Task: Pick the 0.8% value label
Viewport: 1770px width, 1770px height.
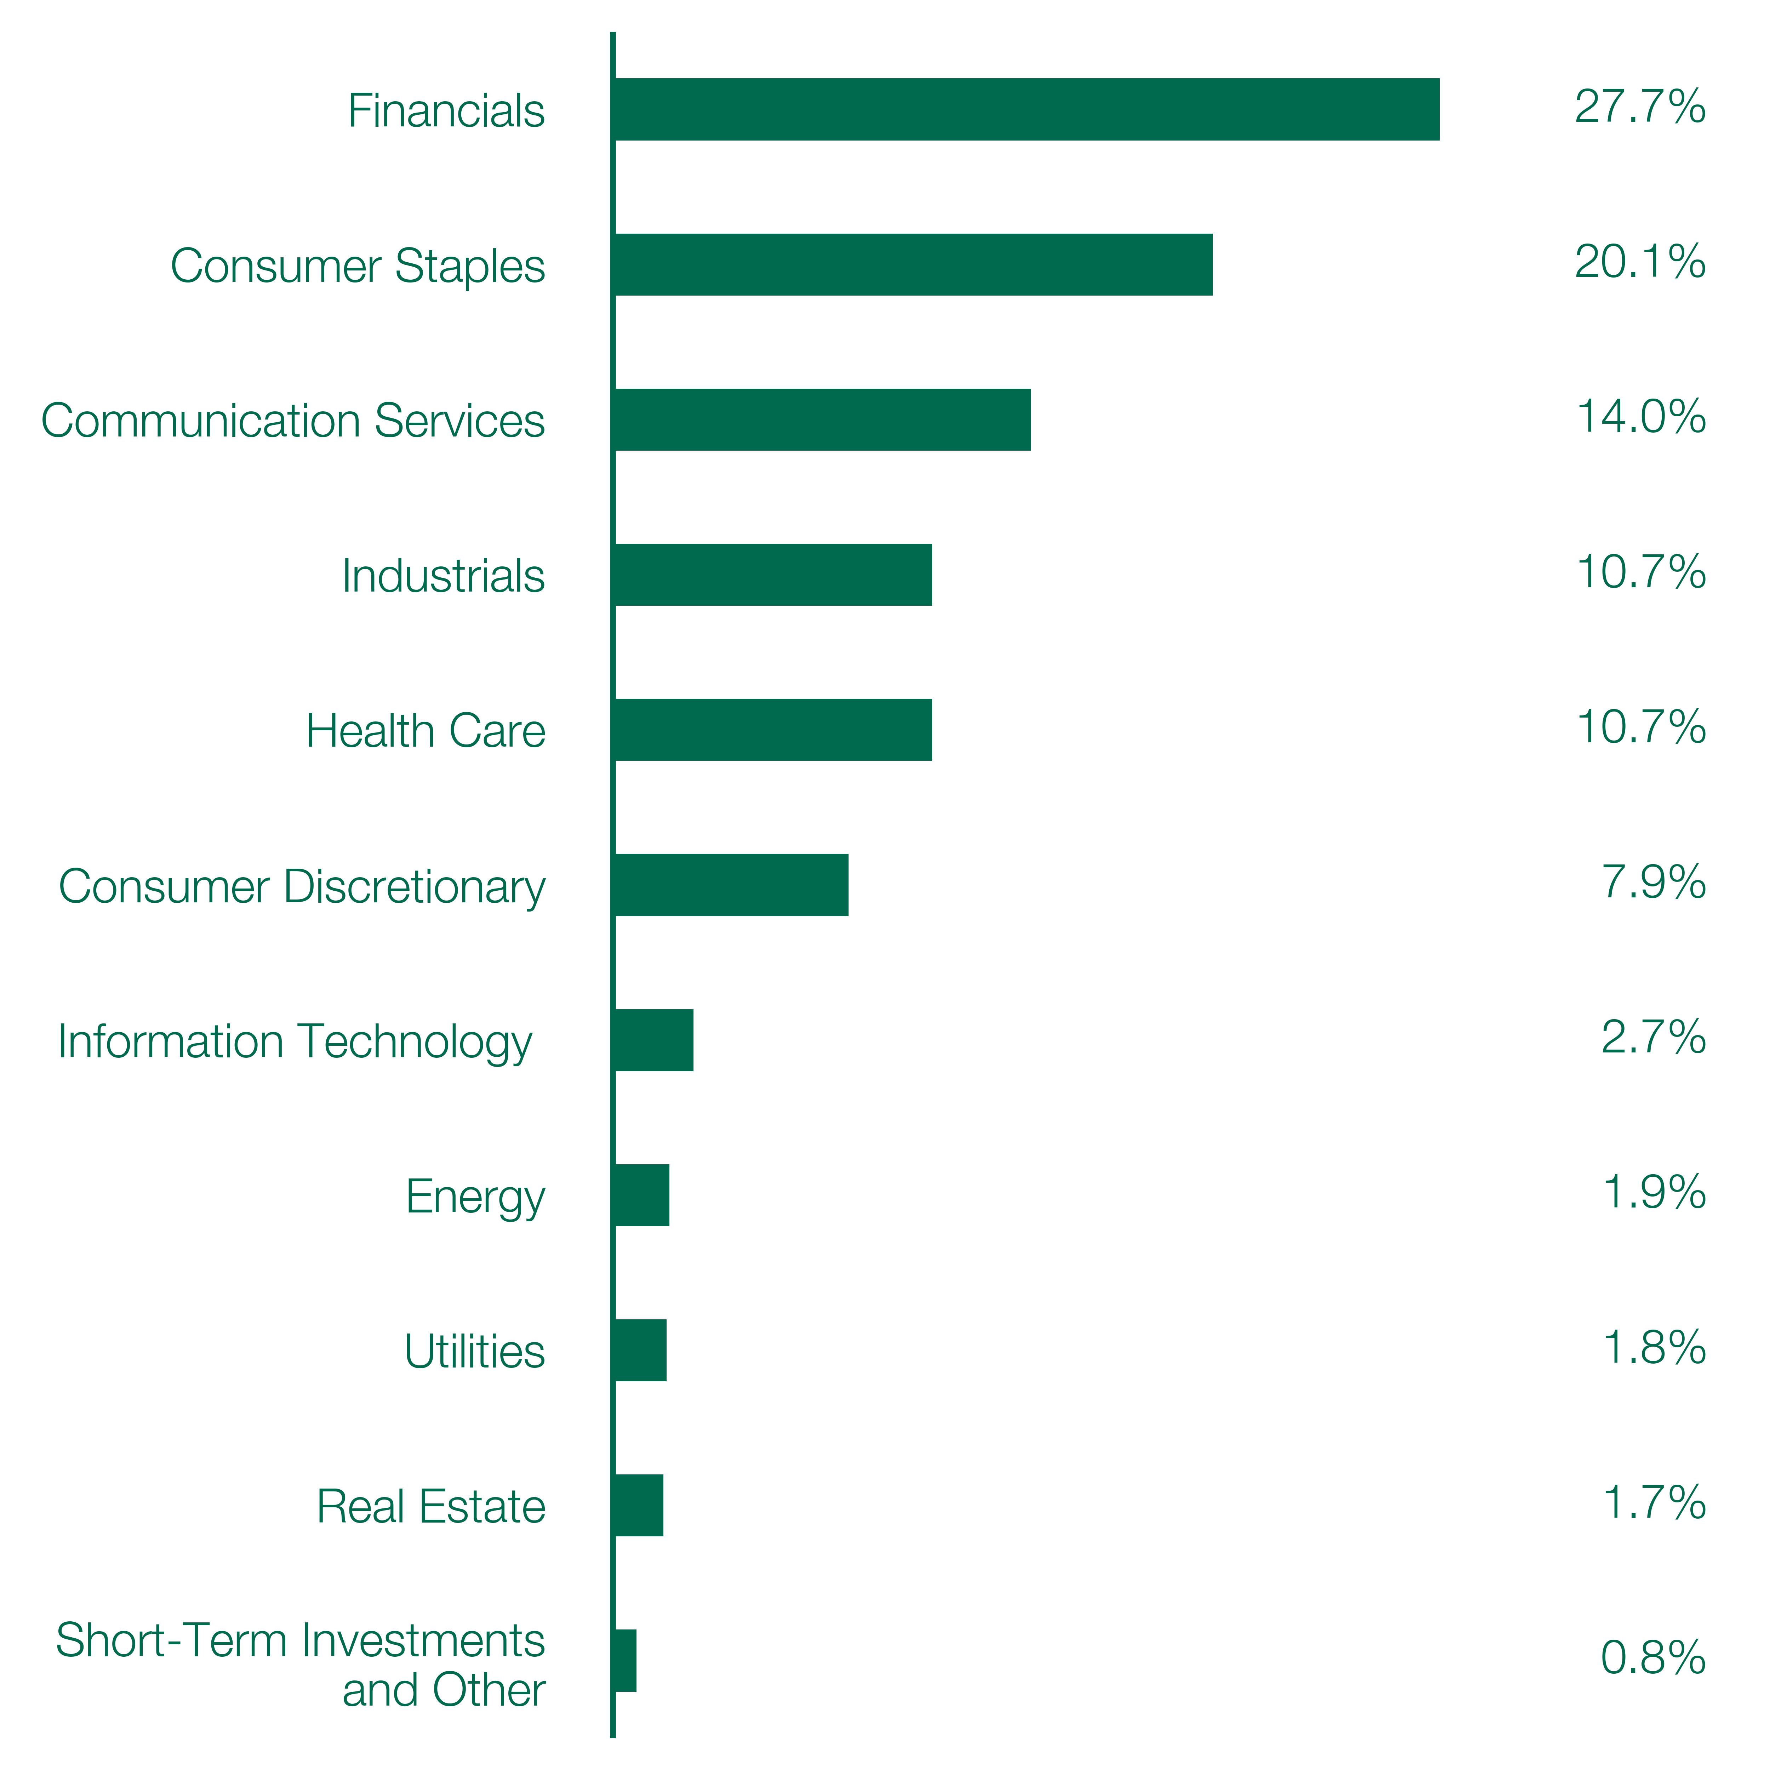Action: point(1653,1658)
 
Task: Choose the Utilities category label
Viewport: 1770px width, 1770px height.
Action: point(475,1351)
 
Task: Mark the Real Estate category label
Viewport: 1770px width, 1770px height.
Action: point(430,1507)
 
